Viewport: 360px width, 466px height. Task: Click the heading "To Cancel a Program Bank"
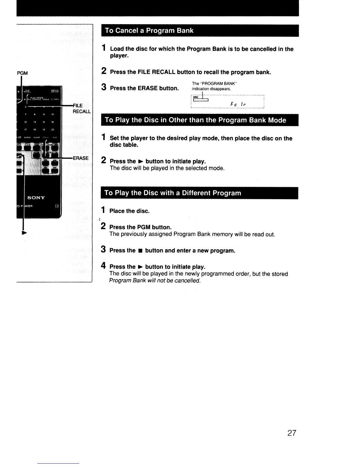(149, 31)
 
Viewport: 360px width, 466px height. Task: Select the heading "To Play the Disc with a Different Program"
(173, 193)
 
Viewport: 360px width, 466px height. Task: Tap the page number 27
(292, 433)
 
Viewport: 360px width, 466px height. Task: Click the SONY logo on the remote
(36, 197)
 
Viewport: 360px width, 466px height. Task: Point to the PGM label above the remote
(22, 73)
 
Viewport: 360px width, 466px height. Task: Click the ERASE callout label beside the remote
(81, 158)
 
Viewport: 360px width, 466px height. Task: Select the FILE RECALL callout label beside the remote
(81, 109)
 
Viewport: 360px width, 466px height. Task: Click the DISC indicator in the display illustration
(196, 97)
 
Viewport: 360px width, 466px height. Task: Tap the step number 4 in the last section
(103, 266)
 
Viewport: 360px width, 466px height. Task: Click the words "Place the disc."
(129, 211)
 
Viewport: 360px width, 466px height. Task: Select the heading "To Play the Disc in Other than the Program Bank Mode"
(195, 120)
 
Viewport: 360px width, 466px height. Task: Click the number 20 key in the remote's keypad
(53, 129)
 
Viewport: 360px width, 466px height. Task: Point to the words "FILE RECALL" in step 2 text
(156, 72)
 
